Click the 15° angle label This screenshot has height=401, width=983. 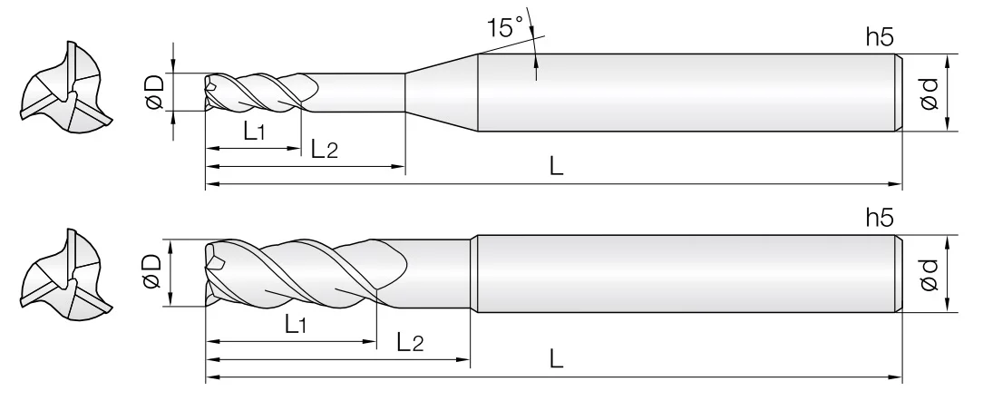(x=505, y=28)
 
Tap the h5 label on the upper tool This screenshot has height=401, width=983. (x=880, y=37)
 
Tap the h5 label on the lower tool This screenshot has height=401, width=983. (x=880, y=218)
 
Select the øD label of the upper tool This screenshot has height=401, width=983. (x=155, y=92)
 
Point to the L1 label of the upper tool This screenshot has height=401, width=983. (x=255, y=132)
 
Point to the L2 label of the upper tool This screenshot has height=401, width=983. (x=324, y=149)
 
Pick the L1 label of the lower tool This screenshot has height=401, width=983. (x=296, y=324)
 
